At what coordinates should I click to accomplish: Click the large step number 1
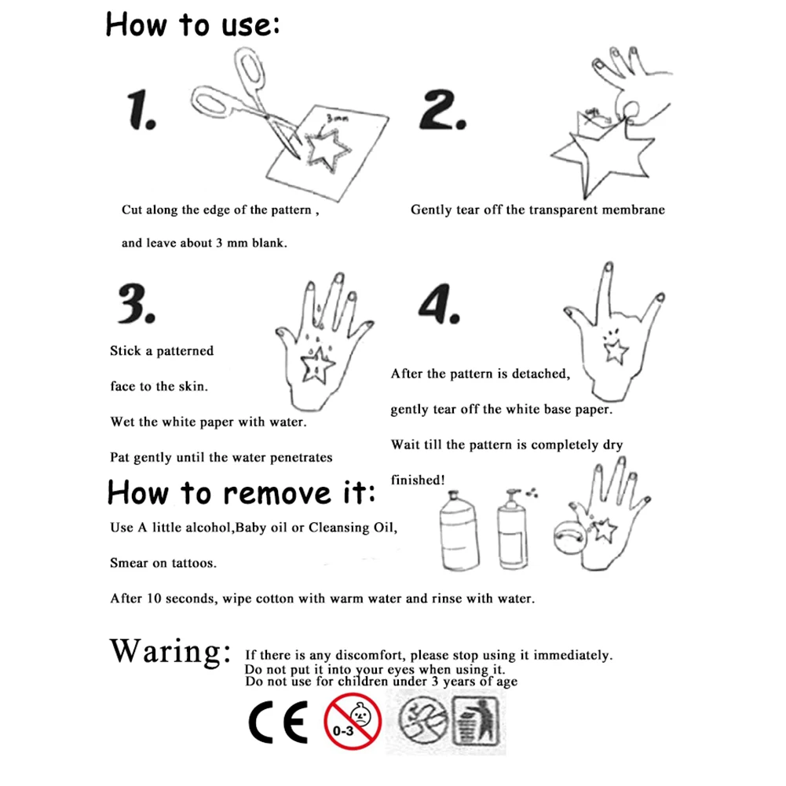[x=141, y=110]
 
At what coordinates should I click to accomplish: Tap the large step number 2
[x=443, y=110]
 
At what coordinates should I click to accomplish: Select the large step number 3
[x=137, y=303]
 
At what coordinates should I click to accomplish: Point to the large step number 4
[x=439, y=303]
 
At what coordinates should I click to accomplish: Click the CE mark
[x=278, y=722]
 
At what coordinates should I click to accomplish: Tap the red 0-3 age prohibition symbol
[x=353, y=722]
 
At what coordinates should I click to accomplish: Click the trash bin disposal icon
[x=476, y=721]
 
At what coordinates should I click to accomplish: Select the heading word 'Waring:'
[x=170, y=652]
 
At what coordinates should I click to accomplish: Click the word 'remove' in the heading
[x=276, y=494]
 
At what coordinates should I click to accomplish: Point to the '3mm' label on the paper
[x=337, y=119]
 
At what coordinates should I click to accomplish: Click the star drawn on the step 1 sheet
[x=327, y=150]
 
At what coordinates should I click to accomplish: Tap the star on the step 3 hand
[x=316, y=366]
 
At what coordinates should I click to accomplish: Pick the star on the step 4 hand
[x=616, y=351]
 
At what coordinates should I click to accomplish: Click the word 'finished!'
[x=418, y=481]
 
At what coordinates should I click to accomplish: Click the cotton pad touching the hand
[x=569, y=537]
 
